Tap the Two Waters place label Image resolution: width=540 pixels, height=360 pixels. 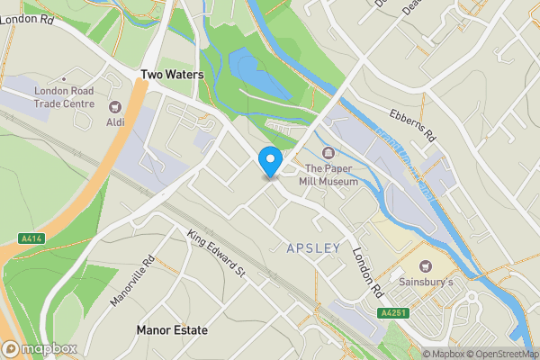coord(171,75)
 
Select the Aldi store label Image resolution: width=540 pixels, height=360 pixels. coord(115,122)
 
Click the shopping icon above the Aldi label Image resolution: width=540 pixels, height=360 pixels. coord(114,107)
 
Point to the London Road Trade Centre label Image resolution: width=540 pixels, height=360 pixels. coord(64,96)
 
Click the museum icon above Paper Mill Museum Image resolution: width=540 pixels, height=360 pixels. coord(327,153)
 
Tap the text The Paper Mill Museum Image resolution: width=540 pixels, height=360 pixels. coord(331,175)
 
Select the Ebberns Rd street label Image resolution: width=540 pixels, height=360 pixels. coord(412,126)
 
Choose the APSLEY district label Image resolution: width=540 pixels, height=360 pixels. coord(313,247)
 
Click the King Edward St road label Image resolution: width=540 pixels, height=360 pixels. coord(216,253)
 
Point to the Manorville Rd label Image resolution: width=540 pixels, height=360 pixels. coord(133,282)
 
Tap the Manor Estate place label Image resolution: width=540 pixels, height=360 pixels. coord(172,330)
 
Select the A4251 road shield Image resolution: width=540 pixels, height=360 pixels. coord(392,312)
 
